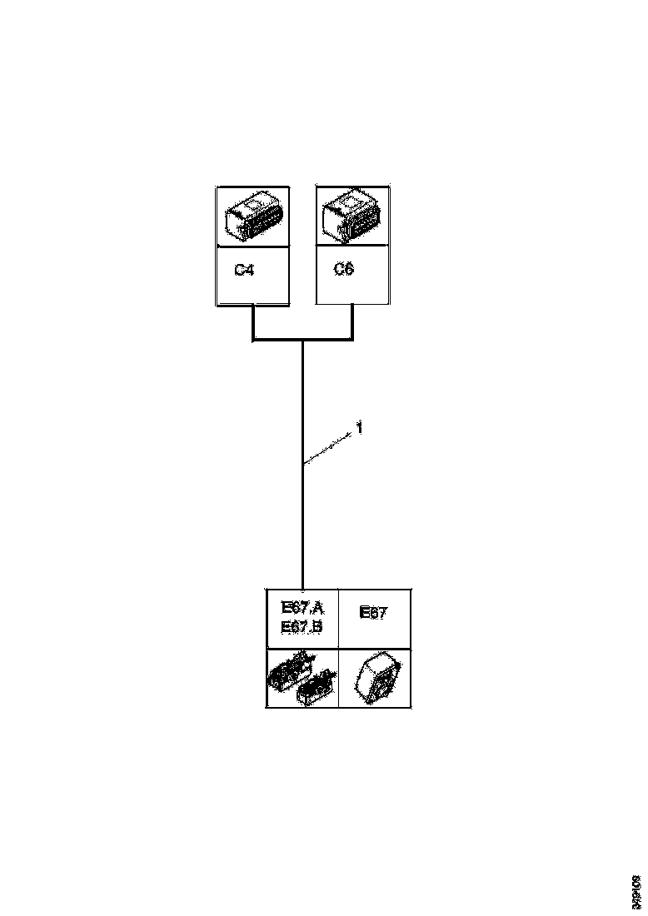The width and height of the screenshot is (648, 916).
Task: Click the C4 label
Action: tap(243, 271)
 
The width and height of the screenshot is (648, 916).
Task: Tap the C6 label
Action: tap(343, 271)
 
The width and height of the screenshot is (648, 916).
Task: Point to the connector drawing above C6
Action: tap(352, 216)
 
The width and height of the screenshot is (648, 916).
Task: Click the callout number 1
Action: tap(359, 428)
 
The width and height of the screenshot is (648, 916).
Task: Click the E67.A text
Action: tap(302, 607)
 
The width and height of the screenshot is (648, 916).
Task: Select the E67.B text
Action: tap(302, 626)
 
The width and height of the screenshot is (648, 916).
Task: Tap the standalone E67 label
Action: tap(372, 613)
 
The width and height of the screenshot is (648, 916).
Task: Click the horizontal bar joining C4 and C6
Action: tap(302, 340)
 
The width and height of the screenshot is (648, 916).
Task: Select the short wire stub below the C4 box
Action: tap(252, 322)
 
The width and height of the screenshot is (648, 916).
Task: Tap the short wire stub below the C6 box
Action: tap(353, 322)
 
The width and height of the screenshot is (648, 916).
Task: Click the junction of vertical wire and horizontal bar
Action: tap(302, 341)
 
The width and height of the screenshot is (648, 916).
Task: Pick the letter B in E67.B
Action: tap(317, 626)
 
